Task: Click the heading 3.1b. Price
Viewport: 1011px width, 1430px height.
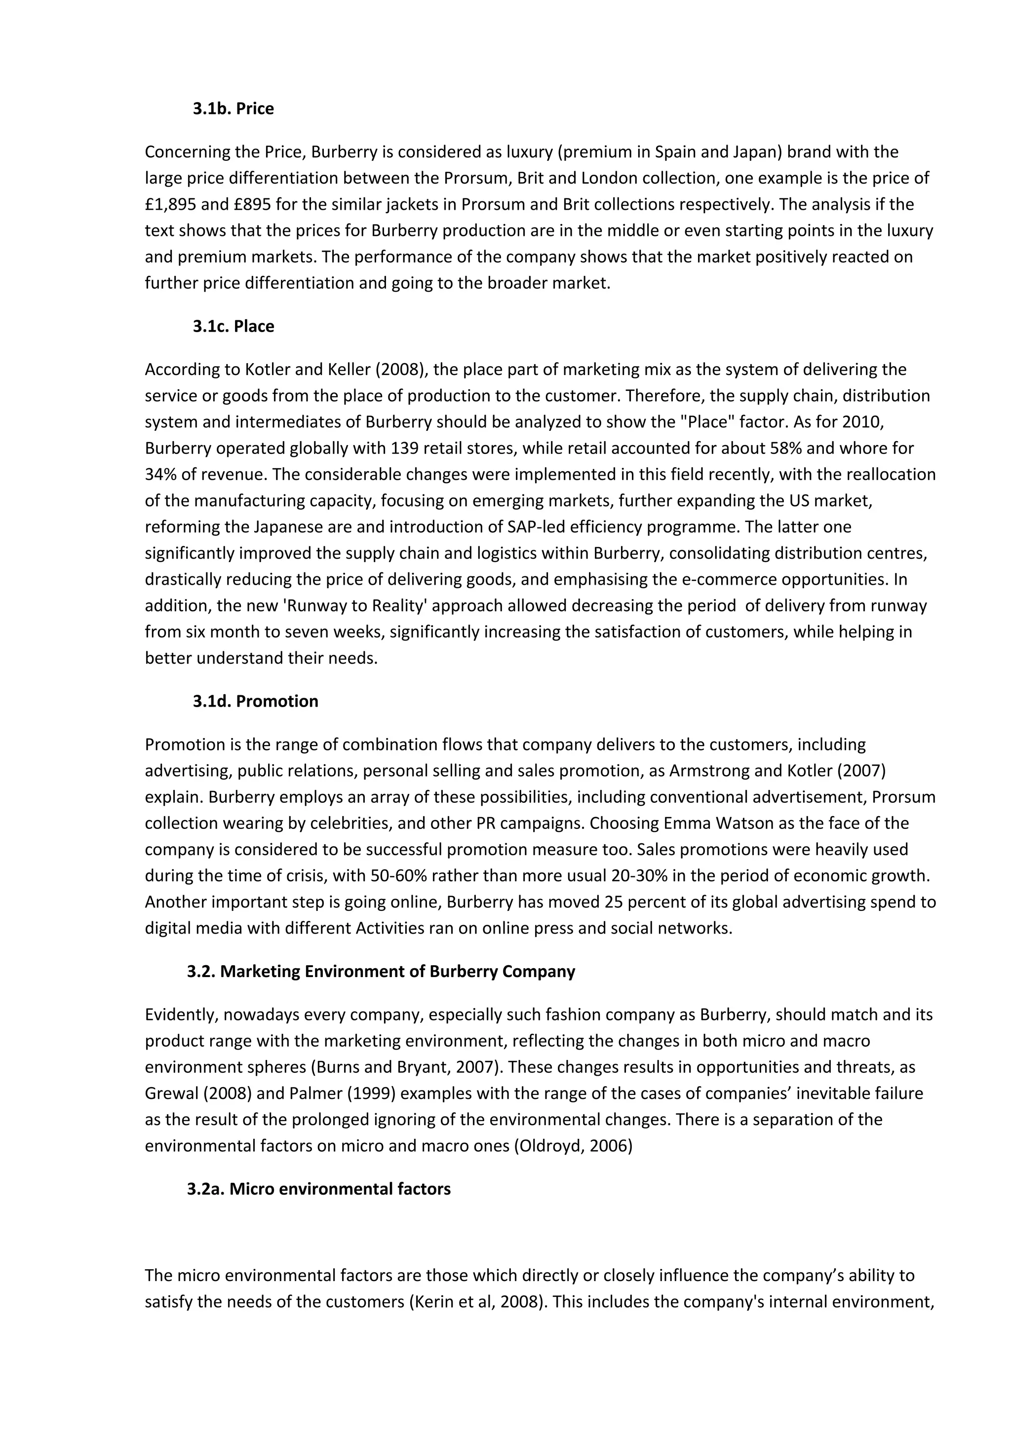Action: [x=233, y=109]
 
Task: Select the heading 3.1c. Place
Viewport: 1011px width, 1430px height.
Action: [x=233, y=326]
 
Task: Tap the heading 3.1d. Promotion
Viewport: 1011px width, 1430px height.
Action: [x=255, y=701]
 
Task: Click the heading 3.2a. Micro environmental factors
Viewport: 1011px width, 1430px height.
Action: [x=318, y=1189]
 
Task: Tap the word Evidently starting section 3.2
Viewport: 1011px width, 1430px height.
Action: [x=181, y=1015]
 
